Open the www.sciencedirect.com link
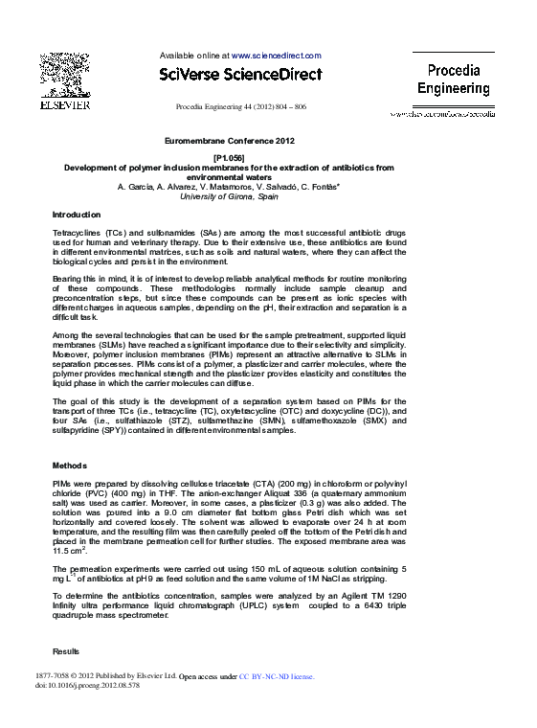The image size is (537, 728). coord(277,57)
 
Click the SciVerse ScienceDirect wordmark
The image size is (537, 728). coord(240,74)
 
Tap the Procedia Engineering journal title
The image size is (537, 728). coord(453,79)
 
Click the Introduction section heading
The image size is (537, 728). coord(77,215)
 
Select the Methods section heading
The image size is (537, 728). coord(69,465)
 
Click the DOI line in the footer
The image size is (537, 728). coord(87,687)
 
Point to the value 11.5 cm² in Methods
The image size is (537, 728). coord(70,550)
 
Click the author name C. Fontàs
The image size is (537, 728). coord(321,186)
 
